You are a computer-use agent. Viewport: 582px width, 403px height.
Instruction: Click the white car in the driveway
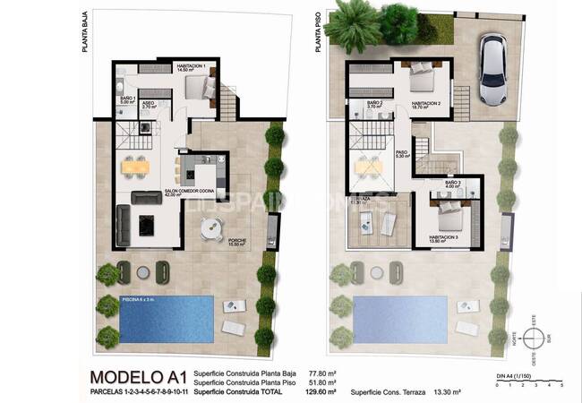[493, 69]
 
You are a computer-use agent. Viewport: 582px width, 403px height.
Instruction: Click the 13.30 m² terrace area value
[444, 392]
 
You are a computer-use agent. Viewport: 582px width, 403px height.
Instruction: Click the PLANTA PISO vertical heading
[319, 32]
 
